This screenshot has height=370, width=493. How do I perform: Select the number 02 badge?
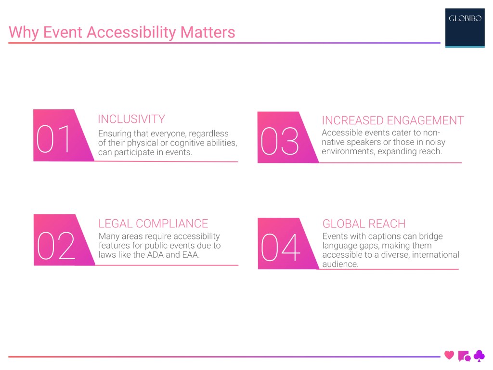click(x=56, y=245)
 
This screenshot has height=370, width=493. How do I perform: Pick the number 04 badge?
click(x=280, y=248)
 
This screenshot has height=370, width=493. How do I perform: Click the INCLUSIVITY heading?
click(x=131, y=119)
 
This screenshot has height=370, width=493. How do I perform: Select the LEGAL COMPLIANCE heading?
click(x=153, y=224)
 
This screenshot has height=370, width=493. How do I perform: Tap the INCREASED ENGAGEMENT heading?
click(x=392, y=120)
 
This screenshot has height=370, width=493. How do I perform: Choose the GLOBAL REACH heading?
click(x=364, y=224)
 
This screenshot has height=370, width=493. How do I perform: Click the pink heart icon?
click(x=449, y=356)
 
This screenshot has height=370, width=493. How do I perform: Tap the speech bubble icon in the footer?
click(x=464, y=356)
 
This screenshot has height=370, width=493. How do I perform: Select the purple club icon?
click(x=480, y=356)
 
